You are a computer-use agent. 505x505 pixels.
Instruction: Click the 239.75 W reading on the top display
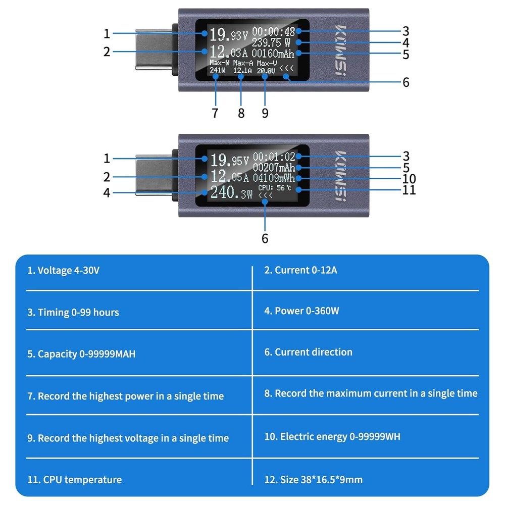pos(273,42)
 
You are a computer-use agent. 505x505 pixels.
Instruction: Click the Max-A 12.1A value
pos(242,71)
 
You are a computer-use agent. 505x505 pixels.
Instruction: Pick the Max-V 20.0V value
pos(266,71)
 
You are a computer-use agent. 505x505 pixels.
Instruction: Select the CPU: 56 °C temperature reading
pos(274,188)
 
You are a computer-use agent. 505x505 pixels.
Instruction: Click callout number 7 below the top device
pos(215,113)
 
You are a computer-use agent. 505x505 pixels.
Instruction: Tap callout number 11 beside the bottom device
pos(409,190)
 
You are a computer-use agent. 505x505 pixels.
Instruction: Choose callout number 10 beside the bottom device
pos(409,178)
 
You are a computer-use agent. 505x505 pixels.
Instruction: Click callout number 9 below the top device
pos(265,113)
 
